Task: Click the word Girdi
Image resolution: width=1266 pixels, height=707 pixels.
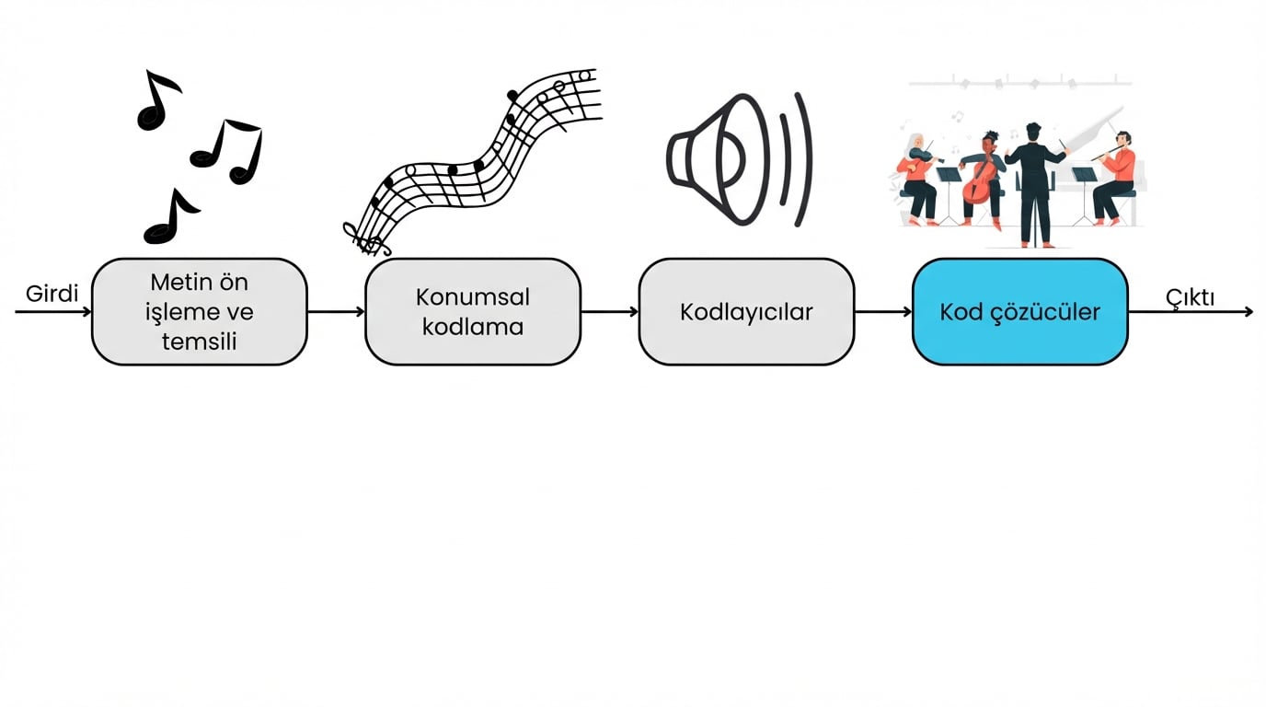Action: tap(52, 294)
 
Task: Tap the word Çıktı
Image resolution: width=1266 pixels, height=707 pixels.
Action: tap(1190, 297)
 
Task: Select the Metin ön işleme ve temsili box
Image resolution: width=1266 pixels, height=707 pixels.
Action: tap(200, 312)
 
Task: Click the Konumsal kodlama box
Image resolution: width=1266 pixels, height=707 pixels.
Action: tap(473, 312)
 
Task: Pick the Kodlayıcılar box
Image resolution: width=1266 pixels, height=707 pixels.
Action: tap(746, 312)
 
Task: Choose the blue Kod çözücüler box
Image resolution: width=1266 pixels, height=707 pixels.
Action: tap(1019, 312)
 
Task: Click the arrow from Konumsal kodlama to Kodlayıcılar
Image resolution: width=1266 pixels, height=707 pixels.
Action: tap(609, 312)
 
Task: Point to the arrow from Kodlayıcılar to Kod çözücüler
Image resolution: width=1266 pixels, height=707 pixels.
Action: tap(882, 312)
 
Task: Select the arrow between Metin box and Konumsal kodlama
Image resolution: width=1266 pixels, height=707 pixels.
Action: tap(336, 312)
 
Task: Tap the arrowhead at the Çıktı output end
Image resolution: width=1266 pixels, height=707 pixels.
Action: tap(1249, 312)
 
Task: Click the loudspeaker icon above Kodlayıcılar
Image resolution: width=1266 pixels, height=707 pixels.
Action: tap(736, 159)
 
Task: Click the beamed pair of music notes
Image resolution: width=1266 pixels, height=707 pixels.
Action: tap(230, 150)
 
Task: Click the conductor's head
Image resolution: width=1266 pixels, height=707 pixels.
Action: tap(1033, 131)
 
